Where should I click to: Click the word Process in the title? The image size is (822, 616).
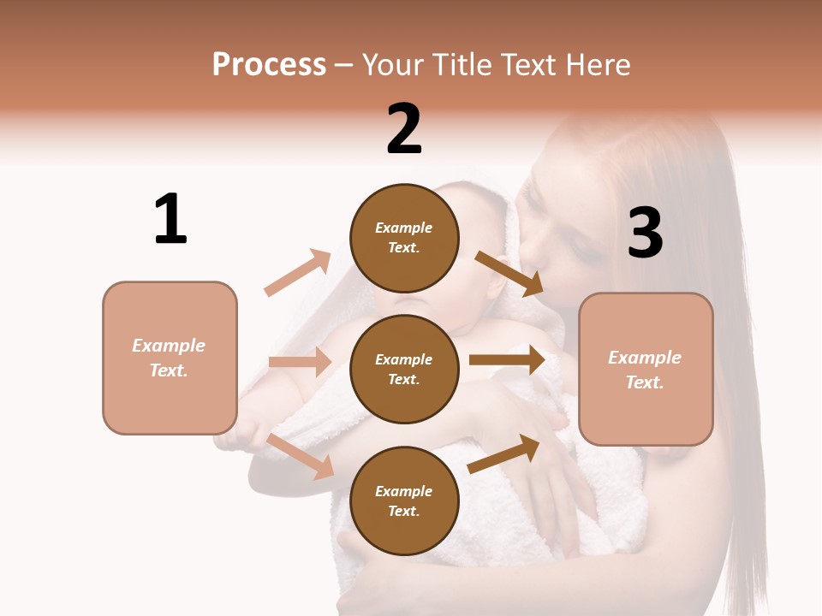pos(269,64)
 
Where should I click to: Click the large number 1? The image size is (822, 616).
pos(170,219)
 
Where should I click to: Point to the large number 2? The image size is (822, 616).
pos(404,129)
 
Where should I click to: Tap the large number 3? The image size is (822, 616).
pos(645,233)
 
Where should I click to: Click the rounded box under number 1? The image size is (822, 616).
pos(170,358)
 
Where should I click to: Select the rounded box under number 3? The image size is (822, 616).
pos(646,370)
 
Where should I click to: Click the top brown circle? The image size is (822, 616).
pos(404,238)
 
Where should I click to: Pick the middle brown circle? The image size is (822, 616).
pos(404,369)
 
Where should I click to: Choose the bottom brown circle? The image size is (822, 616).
pos(404,500)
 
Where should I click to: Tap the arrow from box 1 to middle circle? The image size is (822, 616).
pos(300,362)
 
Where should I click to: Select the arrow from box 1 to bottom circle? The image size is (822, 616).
pos(301,457)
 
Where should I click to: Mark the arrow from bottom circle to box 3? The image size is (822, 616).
pos(503,454)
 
